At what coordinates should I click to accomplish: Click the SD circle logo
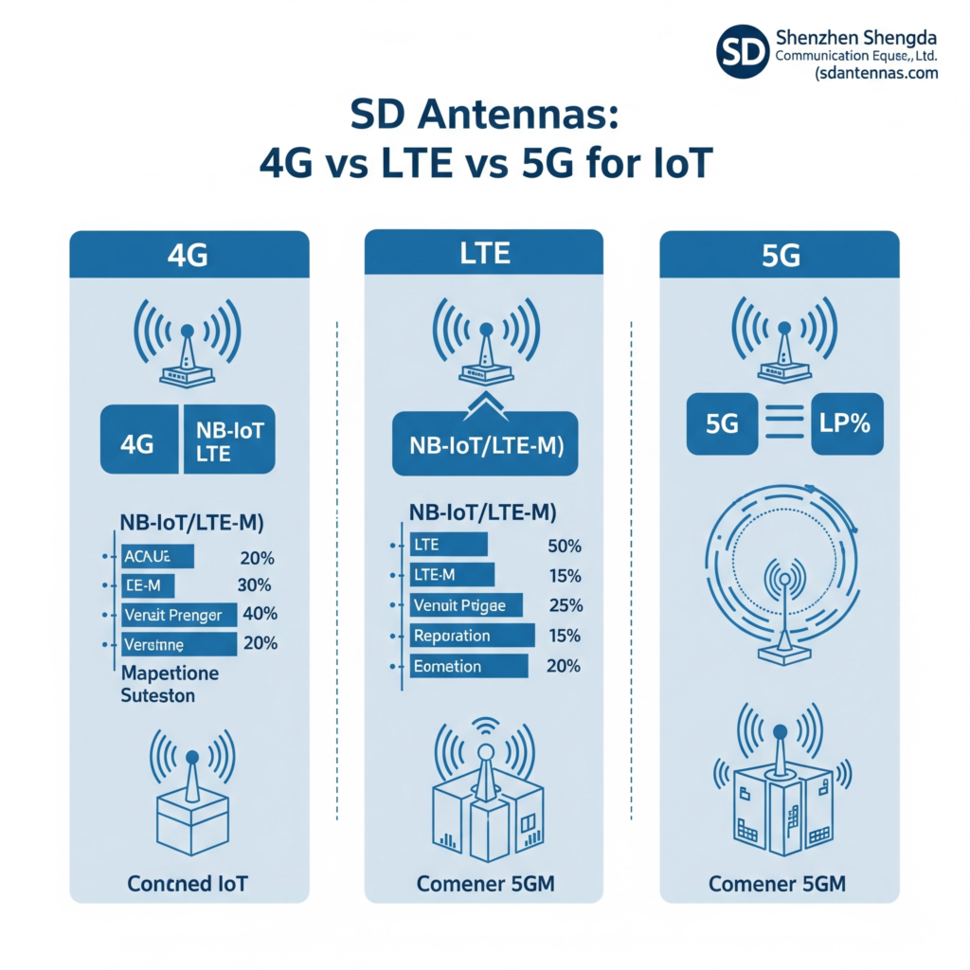(x=742, y=50)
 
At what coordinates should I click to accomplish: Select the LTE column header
(x=484, y=254)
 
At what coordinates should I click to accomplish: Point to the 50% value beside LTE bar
(x=565, y=546)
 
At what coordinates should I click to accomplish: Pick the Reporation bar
(x=472, y=636)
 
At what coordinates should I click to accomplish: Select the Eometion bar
(x=468, y=666)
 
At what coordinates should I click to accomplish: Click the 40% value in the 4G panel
(x=260, y=614)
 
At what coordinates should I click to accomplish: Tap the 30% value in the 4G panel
(x=254, y=584)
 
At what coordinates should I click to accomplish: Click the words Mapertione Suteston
(x=171, y=684)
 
